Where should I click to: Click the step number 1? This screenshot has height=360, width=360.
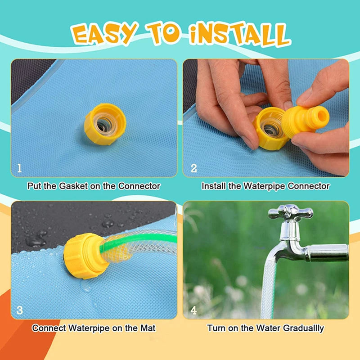19,168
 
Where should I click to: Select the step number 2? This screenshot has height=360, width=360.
194,168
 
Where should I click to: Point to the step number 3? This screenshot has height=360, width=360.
19,310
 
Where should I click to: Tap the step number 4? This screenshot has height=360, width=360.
193,310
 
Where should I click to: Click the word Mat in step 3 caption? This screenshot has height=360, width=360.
148,328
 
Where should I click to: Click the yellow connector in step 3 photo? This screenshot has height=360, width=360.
85,256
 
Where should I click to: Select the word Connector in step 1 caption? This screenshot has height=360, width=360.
139,186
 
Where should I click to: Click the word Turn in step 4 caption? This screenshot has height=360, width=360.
216,328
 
